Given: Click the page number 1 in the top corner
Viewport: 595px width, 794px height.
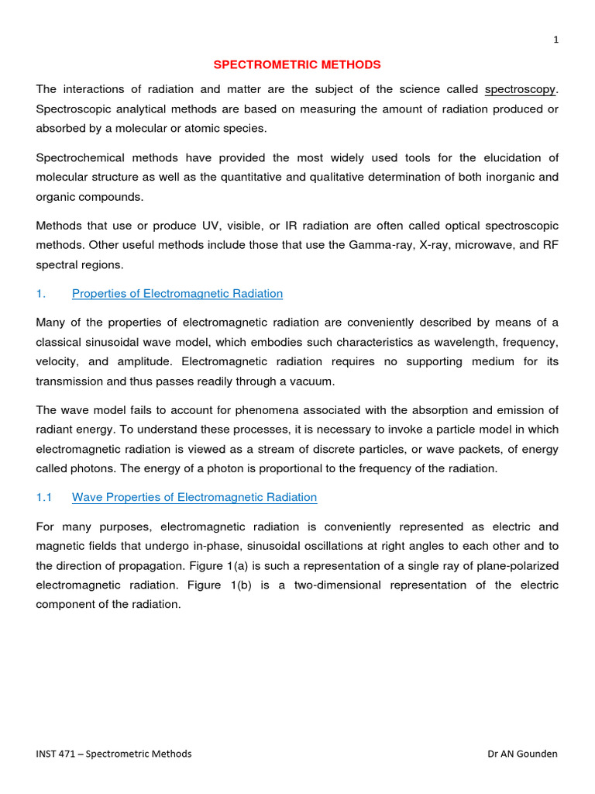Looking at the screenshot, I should click(555, 41).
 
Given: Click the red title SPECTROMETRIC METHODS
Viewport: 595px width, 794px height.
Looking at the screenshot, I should click(297, 64).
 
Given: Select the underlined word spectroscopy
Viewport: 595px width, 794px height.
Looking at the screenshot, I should click(520, 89).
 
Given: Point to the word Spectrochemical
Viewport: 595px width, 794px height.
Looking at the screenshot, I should click(78, 157).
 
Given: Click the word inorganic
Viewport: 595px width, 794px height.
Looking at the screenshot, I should click(494, 177).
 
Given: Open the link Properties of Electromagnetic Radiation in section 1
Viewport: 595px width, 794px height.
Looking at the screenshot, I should click(177, 293).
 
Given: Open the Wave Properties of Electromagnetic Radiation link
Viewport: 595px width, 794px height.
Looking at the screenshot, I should click(194, 497).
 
